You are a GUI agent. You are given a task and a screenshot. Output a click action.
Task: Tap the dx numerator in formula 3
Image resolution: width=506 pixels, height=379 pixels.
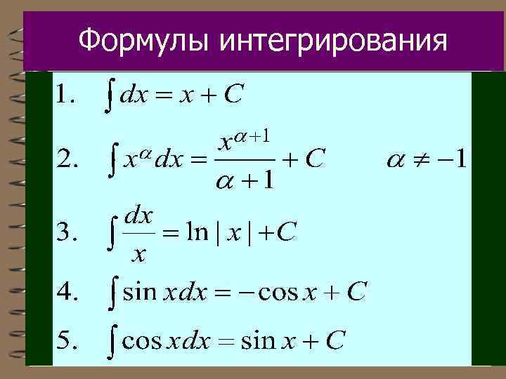(138, 216)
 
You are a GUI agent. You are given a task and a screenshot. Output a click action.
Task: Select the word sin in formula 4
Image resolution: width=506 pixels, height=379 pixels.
(139, 291)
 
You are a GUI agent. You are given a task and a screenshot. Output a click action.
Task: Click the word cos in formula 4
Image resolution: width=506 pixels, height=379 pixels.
(278, 291)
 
